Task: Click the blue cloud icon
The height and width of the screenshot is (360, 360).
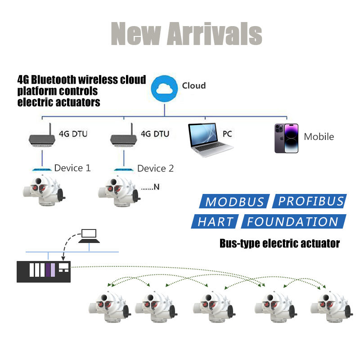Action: (164, 89)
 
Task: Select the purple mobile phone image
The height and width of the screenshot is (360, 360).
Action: (286, 138)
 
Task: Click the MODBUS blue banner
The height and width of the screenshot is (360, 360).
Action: (234, 202)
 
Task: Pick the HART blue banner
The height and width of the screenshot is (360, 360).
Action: (217, 221)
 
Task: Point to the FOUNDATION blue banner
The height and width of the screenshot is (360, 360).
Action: (293, 221)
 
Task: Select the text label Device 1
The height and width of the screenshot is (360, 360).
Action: (72, 168)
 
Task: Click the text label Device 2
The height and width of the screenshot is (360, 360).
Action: (155, 169)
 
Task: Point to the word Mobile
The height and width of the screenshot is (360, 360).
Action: (319, 137)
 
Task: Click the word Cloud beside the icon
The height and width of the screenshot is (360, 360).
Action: (194, 85)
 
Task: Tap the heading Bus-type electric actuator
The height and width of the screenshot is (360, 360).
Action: (279, 244)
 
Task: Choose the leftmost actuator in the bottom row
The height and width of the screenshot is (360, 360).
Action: (109, 308)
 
